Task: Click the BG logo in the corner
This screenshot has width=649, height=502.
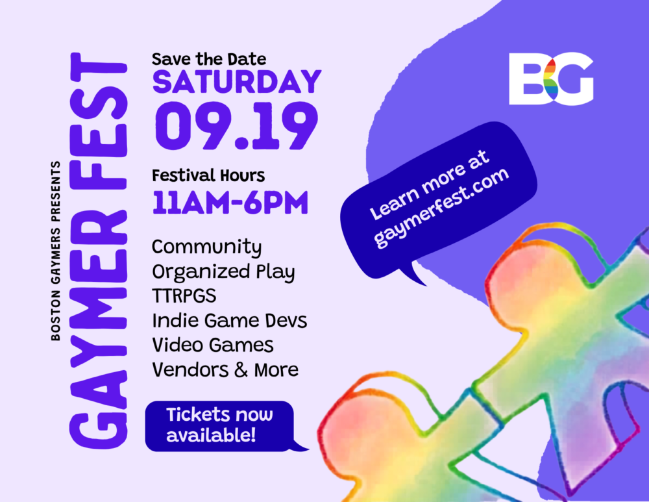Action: click(x=551, y=79)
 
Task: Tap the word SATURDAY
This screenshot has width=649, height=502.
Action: click(x=237, y=82)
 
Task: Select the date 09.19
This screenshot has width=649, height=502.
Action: click(x=237, y=126)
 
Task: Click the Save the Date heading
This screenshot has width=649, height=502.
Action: click(x=208, y=59)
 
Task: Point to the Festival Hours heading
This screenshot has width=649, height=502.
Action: click(x=208, y=175)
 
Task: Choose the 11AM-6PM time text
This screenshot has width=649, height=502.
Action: click(x=230, y=203)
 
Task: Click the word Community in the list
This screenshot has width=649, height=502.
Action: click(x=206, y=247)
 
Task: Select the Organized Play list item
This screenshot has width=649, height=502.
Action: click(x=223, y=272)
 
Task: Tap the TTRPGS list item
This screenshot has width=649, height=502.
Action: click(x=184, y=295)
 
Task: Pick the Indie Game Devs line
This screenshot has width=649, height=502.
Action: click(x=229, y=321)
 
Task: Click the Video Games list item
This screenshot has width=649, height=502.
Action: click(x=213, y=345)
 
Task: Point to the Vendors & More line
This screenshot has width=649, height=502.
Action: click(x=225, y=370)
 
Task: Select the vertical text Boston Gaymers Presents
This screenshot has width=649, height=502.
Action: click(x=55, y=251)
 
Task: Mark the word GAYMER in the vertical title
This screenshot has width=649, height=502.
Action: click(x=99, y=330)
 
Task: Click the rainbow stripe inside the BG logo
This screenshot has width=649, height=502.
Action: click(x=550, y=79)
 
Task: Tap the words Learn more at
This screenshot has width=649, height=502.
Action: click(x=429, y=184)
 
